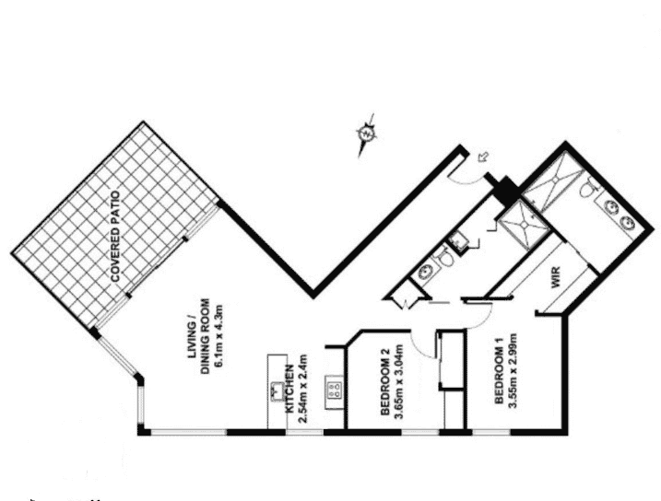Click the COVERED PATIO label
pyautogui.click(x=115, y=237)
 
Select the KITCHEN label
pyautogui.click(x=290, y=389)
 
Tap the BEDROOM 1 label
pyautogui.click(x=499, y=372)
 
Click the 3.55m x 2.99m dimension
pyautogui.click(x=513, y=370)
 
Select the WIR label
pyautogui.click(x=556, y=277)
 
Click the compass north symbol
pyautogui.click(x=366, y=134)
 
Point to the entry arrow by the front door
pyautogui.click(x=483, y=157)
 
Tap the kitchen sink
pyautogui.click(x=277, y=390)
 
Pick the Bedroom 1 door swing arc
pyautogui.click(x=483, y=319)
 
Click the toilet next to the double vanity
pyautogui.click(x=587, y=188)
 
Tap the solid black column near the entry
pyautogui.click(x=505, y=190)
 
